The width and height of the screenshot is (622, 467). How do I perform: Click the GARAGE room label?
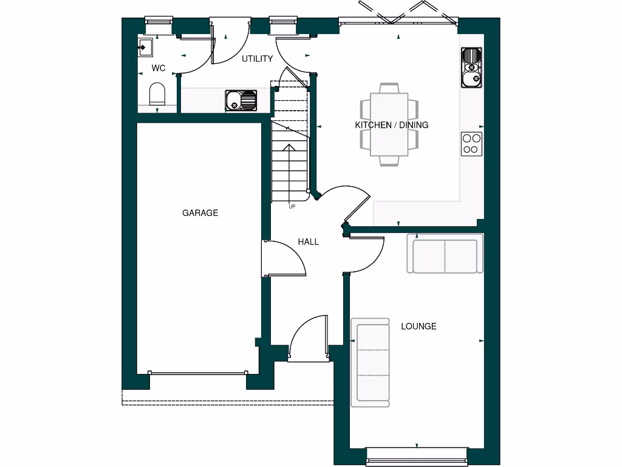click(200, 213)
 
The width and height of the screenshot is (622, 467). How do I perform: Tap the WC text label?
click(159, 68)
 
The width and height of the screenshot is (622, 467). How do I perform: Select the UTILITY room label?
click(257, 59)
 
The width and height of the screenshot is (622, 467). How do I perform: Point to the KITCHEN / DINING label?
click(391, 125)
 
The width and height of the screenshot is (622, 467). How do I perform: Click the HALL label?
click(308, 241)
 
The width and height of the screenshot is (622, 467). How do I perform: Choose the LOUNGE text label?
click(419, 327)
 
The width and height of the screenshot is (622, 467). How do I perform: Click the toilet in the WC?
click(157, 94)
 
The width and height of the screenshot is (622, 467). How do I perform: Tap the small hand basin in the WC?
click(145, 47)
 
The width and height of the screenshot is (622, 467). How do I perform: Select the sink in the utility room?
click(241, 100)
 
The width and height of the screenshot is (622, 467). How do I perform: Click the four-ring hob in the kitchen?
click(472, 144)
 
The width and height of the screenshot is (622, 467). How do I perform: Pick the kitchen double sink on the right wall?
click(471, 67)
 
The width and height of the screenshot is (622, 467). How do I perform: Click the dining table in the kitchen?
click(389, 124)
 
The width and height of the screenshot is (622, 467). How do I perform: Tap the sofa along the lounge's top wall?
click(445, 256)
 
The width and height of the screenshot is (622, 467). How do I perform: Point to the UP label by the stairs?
click(292, 207)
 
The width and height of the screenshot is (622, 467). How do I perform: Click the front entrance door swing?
click(309, 338)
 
